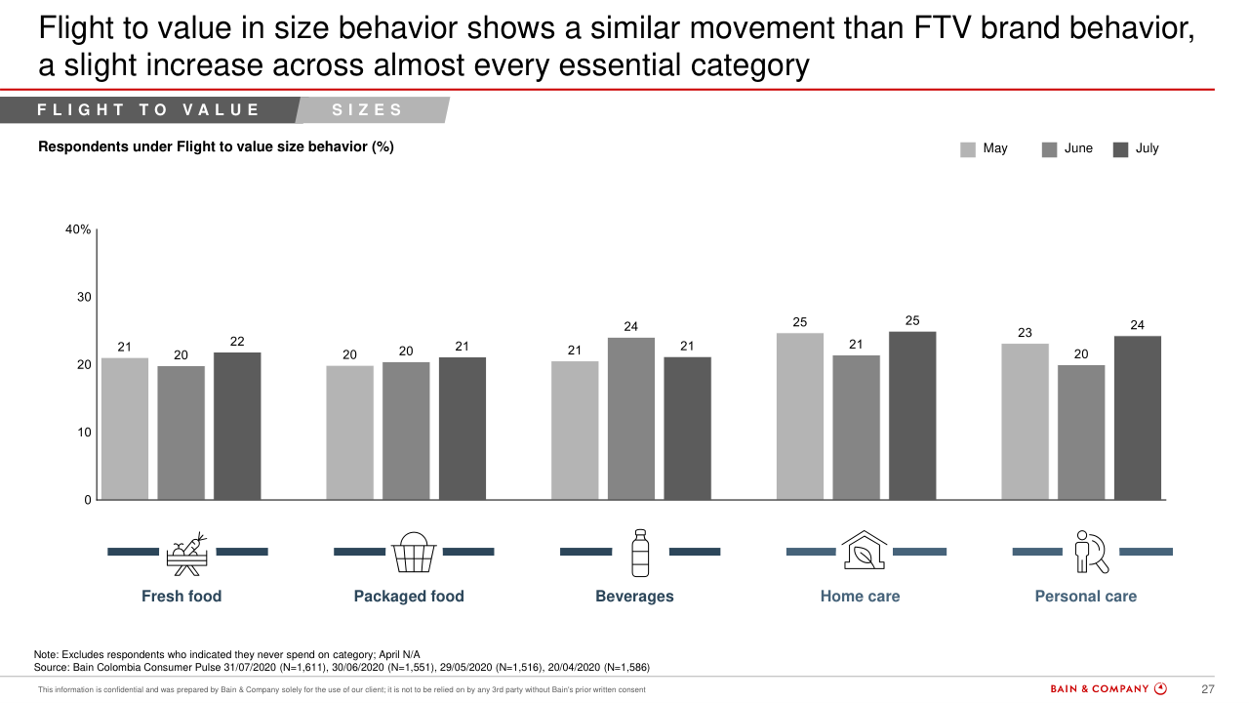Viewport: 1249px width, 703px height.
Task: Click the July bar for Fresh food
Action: [237, 426]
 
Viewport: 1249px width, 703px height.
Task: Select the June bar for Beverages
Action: [631, 418]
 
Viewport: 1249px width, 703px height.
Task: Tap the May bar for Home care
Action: [800, 416]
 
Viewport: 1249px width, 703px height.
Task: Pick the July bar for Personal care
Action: [1138, 418]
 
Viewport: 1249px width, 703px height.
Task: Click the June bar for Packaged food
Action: [406, 431]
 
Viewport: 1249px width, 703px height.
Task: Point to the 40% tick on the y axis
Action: [79, 230]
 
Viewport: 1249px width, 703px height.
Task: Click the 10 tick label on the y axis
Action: [84, 433]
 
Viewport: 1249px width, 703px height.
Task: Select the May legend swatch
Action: [968, 149]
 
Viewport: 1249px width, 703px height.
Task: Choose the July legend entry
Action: [1137, 148]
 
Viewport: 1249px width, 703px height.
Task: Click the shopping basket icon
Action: [414, 553]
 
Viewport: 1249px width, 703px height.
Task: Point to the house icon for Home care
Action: [864, 551]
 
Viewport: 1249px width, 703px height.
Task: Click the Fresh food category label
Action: [181, 597]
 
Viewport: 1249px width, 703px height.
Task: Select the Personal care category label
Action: [1085, 597]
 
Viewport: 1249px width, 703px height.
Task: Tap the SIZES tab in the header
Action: [368, 110]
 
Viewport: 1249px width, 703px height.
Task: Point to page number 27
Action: [1207, 689]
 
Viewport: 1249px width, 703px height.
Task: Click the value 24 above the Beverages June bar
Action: [631, 326]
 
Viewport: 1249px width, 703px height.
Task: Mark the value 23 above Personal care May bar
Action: [1025, 333]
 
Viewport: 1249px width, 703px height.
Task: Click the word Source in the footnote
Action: [52, 668]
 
